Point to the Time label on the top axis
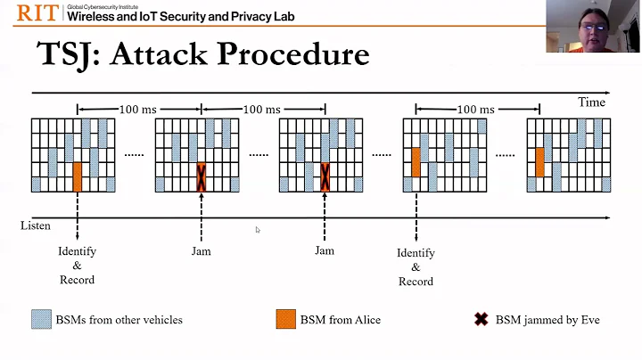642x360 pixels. pyautogui.click(x=591, y=102)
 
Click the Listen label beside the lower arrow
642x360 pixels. pyautogui.click(x=36, y=225)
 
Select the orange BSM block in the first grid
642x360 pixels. pyautogui.click(x=78, y=176)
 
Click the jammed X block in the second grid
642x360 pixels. pyautogui.click(x=202, y=176)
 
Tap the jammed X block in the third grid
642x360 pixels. pyautogui.click(x=325, y=176)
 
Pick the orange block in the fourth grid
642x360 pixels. pyautogui.click(x=416, y=162)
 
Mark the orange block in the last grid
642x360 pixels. pyautogui.click(x=539, y=162)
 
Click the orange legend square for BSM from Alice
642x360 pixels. pyautogui.click(x=284, y=319)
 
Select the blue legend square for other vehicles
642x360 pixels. pyautogui.click(x=40, y=319)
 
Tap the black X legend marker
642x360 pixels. pyautogui.click(x=481, y=319)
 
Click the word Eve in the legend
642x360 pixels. pyautogui.click(x=587, y=319)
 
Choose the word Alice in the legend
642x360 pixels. pyautogui.click(x=365, y=319)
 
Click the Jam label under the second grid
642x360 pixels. pyautogui.click(x=202, y=251)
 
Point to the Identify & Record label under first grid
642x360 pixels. pyautogui.click(x=78, y=266)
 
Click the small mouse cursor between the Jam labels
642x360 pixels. pyautogui.click(x=258, y=230)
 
